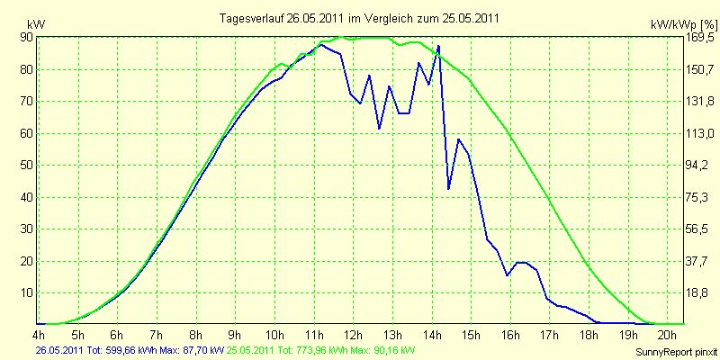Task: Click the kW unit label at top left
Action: (36, 24)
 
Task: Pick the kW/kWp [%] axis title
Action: (683, 25)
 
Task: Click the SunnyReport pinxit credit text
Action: (676, 352)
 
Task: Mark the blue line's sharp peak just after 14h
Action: (439, 46)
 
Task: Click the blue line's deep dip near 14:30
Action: (448, 189)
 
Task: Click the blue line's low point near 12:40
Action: (379, 129)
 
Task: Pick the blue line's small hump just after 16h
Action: (522, 262)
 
